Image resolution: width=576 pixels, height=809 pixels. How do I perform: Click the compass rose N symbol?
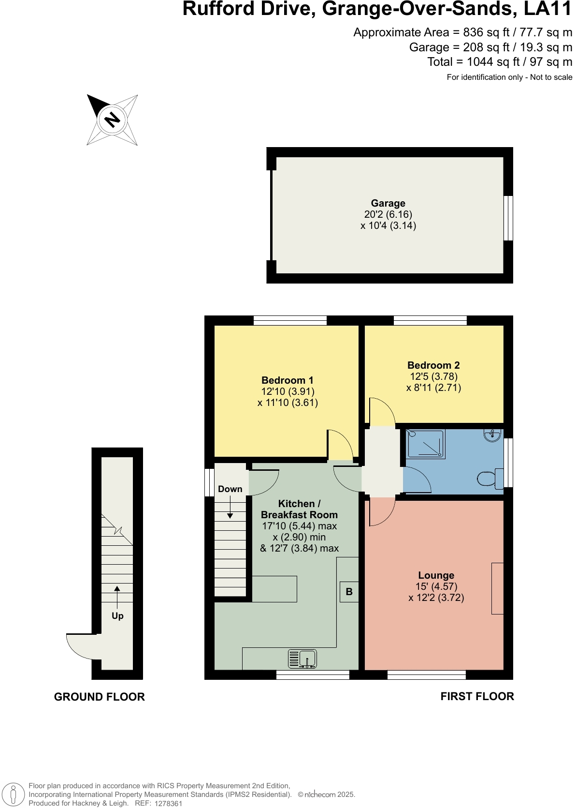(112, 120)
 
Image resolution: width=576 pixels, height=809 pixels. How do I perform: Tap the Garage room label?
(388, 203)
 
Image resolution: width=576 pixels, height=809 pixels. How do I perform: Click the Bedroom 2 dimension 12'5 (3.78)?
(433, 376)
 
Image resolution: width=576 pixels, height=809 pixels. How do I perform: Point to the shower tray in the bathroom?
(426, 444)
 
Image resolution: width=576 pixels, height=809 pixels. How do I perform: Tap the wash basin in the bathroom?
(492, 435)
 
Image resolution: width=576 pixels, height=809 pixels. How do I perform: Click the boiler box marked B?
(349, 592)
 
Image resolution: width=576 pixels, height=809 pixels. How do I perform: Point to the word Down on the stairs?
(230, 489)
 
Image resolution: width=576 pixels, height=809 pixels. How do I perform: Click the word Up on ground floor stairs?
(117, 616)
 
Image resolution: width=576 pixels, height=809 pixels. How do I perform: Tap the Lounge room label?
(436, 575)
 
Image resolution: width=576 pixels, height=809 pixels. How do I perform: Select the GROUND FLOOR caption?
(100, 697)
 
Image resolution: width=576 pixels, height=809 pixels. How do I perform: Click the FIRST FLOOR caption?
(477, 696)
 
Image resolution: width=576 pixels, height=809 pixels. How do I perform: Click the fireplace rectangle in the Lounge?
(497, 588)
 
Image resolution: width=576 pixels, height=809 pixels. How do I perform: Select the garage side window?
(508, 218)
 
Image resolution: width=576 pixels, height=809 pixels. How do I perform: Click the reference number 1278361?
(168, 804)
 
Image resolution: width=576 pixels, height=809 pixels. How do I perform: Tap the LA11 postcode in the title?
(547, 9)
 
